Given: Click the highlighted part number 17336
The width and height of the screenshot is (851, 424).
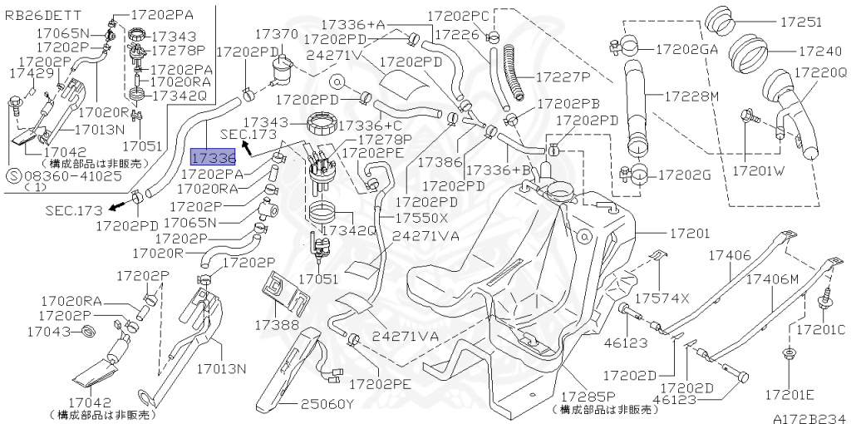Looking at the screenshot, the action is [213, 157].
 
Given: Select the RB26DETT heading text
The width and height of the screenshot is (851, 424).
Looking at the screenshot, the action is [43, 15].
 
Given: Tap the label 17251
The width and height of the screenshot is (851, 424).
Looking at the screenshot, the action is [800, 22].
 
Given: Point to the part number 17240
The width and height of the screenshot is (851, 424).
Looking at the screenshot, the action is [819, 52].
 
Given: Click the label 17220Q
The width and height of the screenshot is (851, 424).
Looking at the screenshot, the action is [820, 72].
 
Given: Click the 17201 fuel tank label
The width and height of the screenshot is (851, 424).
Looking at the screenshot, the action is [689, 234].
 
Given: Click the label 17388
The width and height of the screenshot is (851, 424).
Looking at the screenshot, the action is [277, 324].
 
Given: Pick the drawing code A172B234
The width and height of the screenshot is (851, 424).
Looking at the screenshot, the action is [809, 418].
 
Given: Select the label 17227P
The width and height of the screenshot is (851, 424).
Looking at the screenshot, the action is [563, 77].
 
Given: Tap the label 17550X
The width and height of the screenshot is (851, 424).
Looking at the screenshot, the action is [421, 218].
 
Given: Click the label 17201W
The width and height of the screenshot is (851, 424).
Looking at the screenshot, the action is [759, 170].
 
